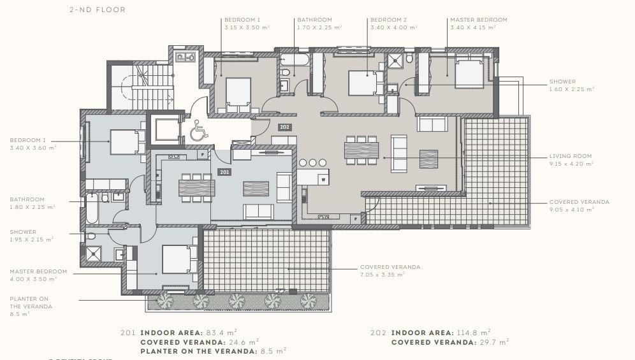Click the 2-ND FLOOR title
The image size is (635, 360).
[98, 10]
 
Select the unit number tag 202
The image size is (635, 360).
[284, 127]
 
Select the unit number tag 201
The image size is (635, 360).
[224, 172]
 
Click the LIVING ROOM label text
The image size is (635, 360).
[570, 156]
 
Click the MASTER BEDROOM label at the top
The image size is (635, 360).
[478, 20]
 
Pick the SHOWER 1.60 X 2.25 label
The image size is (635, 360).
[571, 85]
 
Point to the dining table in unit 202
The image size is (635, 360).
[361, 150]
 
